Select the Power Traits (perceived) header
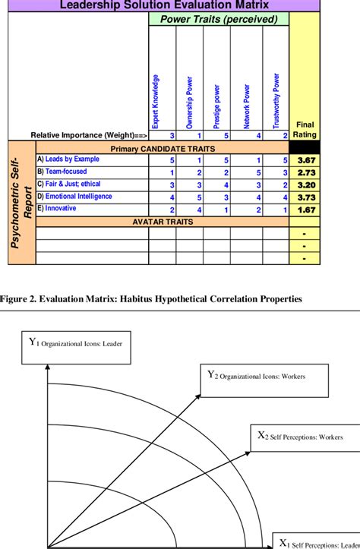tap(219, 19)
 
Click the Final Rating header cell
tap(305, 129)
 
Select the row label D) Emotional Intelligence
tap(74, 196)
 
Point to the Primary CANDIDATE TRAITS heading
tap(163, 148)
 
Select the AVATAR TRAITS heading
tap(163, 222)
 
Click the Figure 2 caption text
tap(152, 299)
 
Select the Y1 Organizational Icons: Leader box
tap(77, 343)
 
